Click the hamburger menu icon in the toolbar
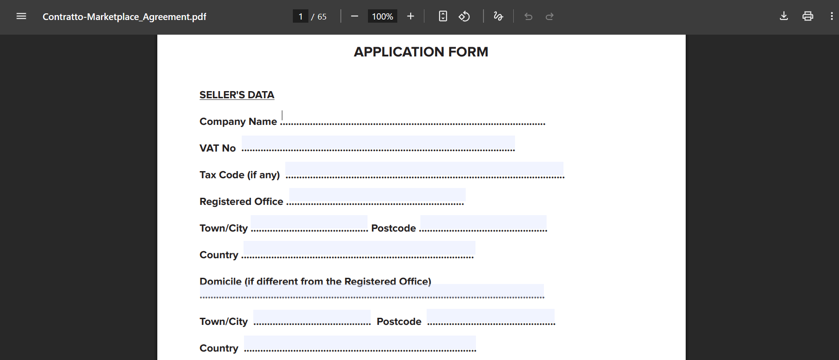[x=21, y=16]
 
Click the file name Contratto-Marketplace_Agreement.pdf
[x=124, y=17]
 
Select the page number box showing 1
[x=300, y=16]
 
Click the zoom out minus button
[x=355, y=16]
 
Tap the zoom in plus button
[x=411, y=16]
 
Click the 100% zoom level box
[x=382, y=16]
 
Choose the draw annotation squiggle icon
[x=498, y=16]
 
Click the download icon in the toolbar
[x=784, y=16]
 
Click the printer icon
[x=808, y=16]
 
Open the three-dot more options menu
[x=831, y=16]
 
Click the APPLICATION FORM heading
[x=421, y=52]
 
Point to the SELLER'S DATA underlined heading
[x=237, y=95]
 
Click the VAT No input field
[x=378, y=143]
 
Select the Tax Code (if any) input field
[x=424, y=169]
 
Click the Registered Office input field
[x=377, y=196]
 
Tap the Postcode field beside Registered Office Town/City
[x=483, y=223]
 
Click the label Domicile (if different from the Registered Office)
[x=315, y=281]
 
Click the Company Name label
[x=238, y=121]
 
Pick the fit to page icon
[x=443, y=16]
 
